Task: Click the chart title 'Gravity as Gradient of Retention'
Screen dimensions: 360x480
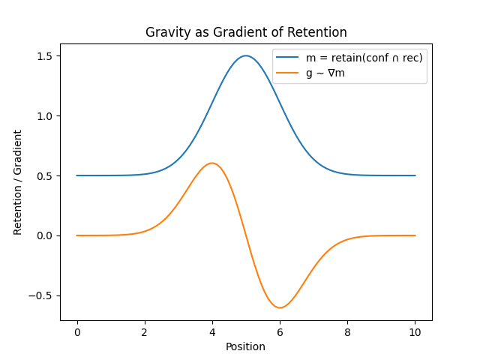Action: [x=246, y=32]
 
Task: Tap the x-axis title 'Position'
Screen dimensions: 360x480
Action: [x=246, y=346]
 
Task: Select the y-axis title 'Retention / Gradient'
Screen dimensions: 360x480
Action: [x=18, y=182]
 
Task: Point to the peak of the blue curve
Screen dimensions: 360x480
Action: [x=246, y=55]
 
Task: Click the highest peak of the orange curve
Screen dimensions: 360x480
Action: [x=212, y=163]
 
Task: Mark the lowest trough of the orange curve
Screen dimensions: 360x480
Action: [x=280, y=307]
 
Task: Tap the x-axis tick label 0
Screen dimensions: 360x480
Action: [x=76, y=331]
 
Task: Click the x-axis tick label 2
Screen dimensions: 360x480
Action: [x=144, y=331]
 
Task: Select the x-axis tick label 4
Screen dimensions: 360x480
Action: [x=212, y=331]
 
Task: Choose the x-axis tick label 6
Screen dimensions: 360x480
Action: [x=280, y=331]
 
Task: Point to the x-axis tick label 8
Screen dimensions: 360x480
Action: [x=347, y=331]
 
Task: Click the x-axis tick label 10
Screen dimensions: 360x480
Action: [x=415, y=331]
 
